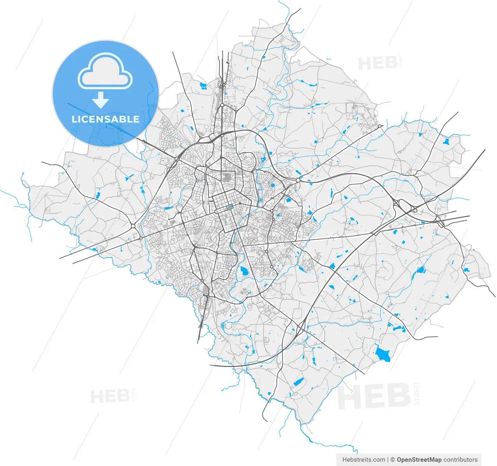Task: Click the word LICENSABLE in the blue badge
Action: click(105, 119)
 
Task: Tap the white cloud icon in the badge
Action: click(105, 71)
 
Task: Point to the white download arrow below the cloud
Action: click(101, 100)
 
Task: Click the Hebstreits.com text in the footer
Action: click(364, 460)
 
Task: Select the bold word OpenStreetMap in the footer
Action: click(419, 460)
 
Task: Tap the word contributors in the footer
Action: click(461, 460)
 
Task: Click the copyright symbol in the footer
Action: click(393, 460)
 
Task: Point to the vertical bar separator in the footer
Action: click(388, 460)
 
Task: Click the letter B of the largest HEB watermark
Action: click(398, 396)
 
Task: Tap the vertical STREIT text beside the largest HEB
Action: click(417, 393)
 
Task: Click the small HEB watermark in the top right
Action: click(377, 63)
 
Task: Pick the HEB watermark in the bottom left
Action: click(110, 397)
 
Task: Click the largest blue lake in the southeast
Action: click(382, 353)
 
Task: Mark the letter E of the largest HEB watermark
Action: click(374, 396)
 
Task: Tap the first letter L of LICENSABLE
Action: click(74, 119)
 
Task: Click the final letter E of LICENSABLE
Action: click(136, 119)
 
